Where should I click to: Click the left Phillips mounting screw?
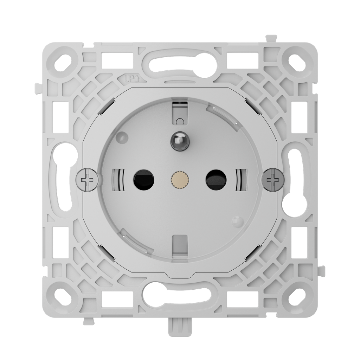(87, 180)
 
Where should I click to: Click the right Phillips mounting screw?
(272, 180)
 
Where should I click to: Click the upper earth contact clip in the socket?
(179, 112)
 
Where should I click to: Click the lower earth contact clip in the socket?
(179, 244)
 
